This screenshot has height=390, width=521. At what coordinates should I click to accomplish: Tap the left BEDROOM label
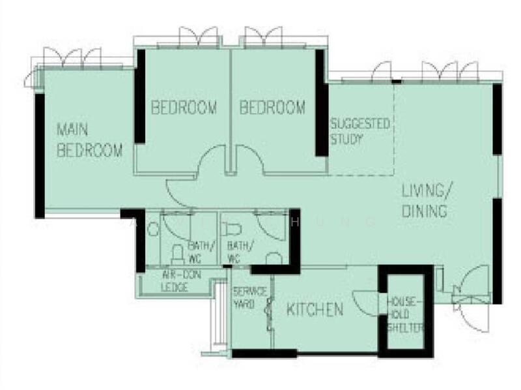(x=184, y=108)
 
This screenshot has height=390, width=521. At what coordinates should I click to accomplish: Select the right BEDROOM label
(x=272, y=108)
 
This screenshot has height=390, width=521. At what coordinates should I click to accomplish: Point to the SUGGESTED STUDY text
(x=360, y=130)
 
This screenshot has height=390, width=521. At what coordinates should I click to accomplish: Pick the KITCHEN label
(x=315, y=310)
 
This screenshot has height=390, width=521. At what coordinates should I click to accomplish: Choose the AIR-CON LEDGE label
(x=173, y=281)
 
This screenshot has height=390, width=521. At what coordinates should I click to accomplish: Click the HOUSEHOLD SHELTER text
(x=405, y=314)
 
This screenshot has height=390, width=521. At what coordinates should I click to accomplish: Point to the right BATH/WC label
(x=240, y=251)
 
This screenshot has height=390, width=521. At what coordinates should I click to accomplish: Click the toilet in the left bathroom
(x=176, y=254)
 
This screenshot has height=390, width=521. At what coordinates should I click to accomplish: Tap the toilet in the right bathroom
(x=230, y=229)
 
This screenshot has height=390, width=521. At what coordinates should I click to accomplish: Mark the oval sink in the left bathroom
(x=154, y=229)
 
